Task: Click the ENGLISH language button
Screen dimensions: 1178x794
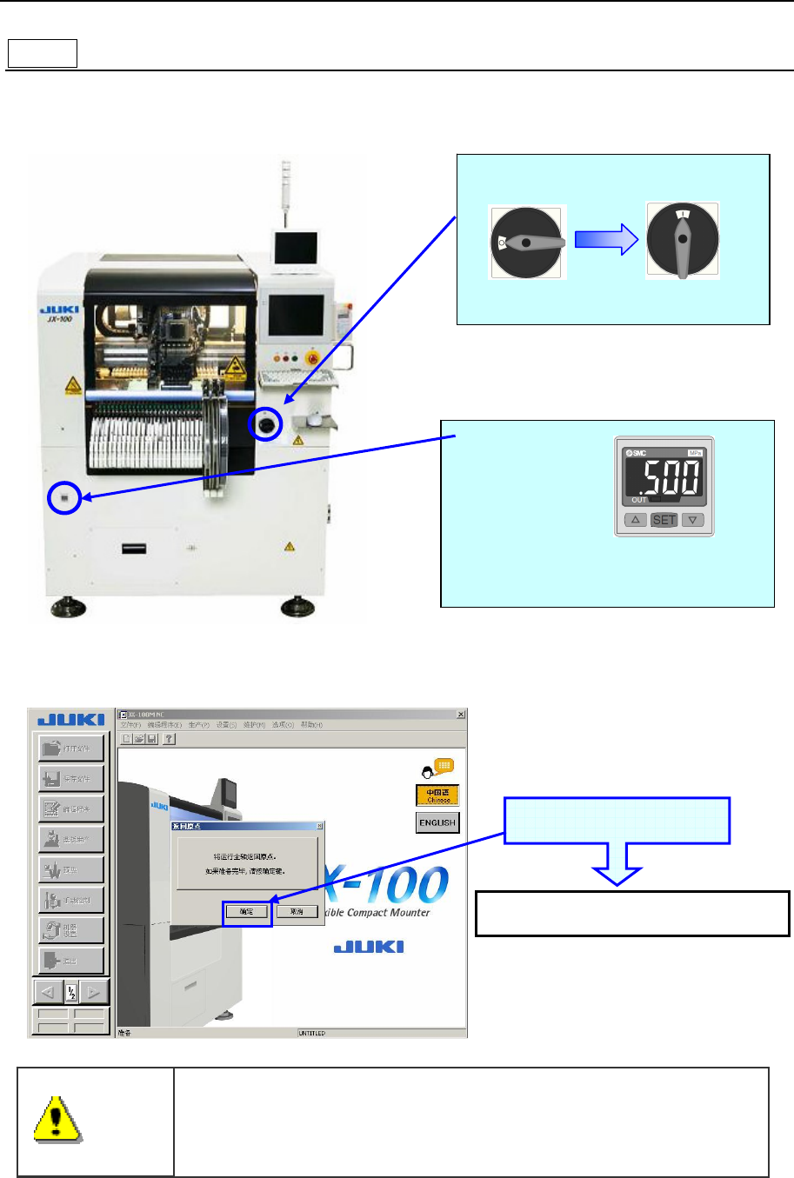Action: (437, 822)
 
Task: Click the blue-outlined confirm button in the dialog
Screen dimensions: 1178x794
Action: (247, 912)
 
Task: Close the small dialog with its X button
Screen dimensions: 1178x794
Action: (319, 826)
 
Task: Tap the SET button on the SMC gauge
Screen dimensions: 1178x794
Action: (664, 520)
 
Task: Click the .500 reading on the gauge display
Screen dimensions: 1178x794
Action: (665, 478)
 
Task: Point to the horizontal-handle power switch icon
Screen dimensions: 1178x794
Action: (527, 243)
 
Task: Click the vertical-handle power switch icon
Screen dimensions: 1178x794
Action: (683, 241)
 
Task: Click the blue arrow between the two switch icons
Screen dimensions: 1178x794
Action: (607, 240)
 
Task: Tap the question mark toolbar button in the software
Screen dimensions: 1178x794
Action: (170, 739)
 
